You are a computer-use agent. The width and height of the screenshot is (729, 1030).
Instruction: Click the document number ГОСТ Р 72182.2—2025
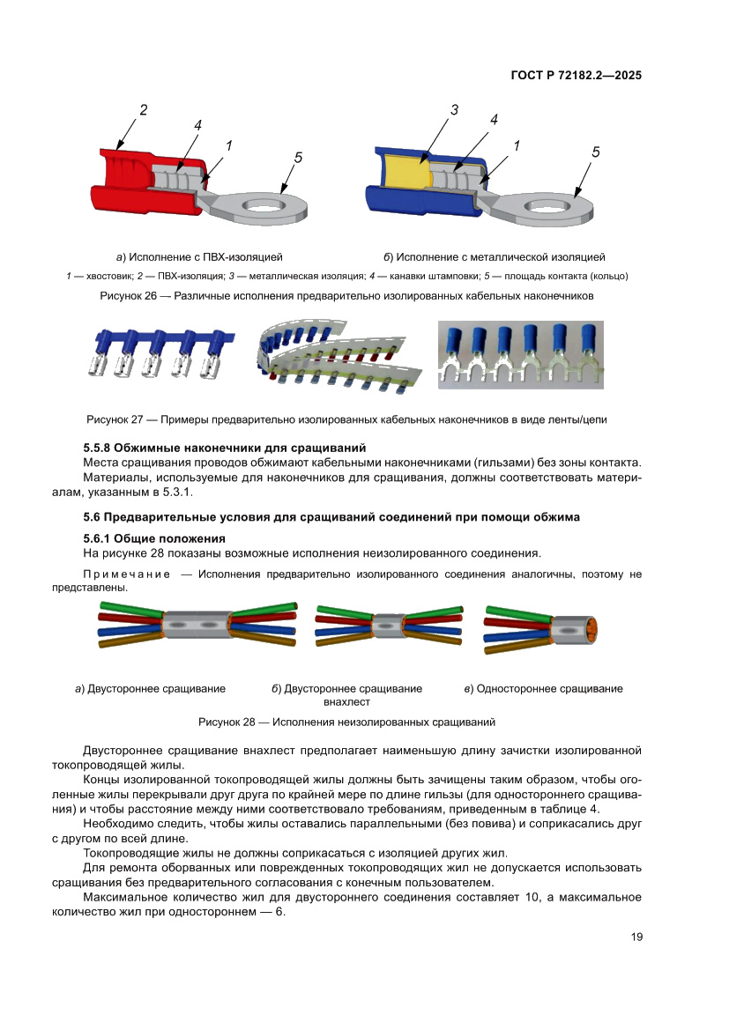point(576,76)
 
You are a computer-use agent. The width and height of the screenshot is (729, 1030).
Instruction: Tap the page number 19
point(636,937)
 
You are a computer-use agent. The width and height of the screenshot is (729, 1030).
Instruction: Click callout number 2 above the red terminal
point(143,111)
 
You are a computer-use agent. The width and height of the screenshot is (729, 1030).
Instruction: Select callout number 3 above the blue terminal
point(454,111)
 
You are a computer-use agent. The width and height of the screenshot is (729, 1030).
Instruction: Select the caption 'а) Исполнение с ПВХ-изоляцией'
point(199,257)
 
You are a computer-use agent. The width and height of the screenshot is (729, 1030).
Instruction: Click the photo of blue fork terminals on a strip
point(520,354)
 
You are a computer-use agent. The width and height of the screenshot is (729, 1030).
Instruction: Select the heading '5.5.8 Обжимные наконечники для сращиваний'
point(224,448)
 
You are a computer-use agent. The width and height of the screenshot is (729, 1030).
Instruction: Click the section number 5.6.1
point(97,538)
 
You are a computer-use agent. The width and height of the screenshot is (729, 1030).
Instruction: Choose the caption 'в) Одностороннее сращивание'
point(543,689)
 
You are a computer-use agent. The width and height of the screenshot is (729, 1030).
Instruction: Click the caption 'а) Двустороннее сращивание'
point(150,689)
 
